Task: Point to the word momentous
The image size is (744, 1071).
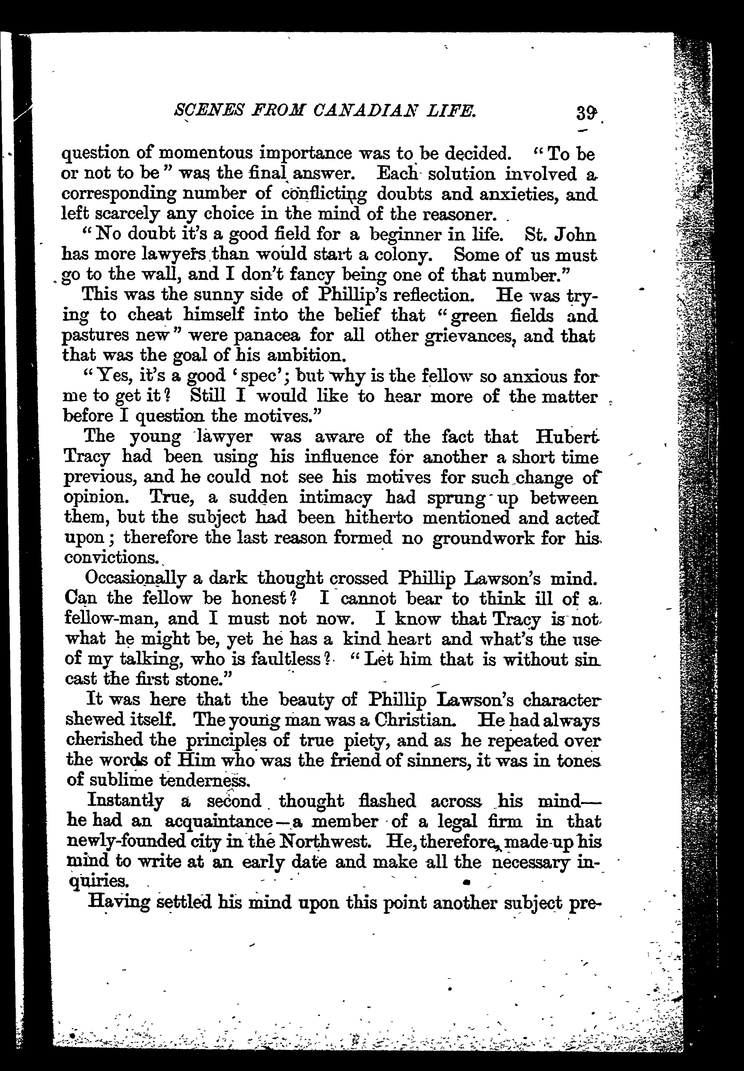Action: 199,153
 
